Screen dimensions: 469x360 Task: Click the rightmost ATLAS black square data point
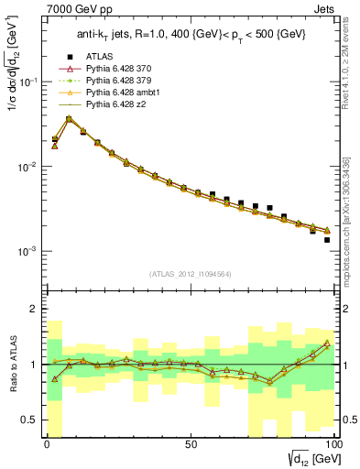pos(327,240)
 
